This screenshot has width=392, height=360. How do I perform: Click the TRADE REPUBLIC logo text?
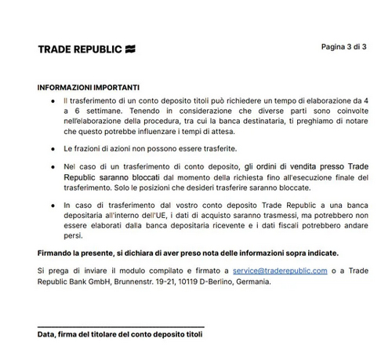tap(78, 49)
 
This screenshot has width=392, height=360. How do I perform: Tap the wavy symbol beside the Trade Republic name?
tap(129, 49)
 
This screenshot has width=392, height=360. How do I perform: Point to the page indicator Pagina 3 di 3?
tap(343, 47)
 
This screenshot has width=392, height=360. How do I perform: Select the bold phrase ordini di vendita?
tap(285, 167)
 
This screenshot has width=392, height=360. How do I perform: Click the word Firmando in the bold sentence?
tap(58, 253)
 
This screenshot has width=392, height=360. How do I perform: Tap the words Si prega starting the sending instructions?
tap(53, 271)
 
